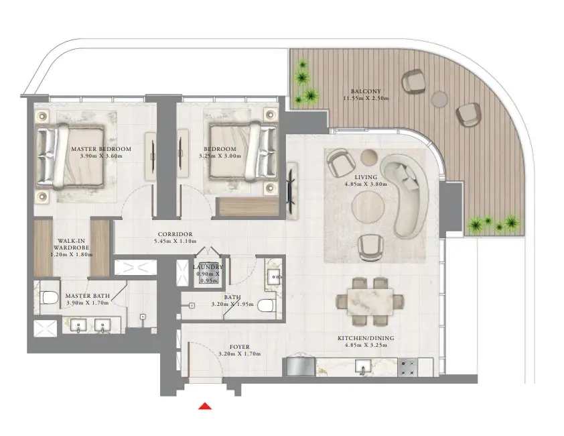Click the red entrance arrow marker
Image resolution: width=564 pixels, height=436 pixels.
205,406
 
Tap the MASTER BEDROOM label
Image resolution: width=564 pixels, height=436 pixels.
101,149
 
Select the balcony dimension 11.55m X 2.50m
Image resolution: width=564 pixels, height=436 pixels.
366,98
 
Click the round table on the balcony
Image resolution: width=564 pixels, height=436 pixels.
439,99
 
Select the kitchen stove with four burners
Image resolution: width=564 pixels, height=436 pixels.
407,368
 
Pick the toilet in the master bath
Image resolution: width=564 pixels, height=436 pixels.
50,298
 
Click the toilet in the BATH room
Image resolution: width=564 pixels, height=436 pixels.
267,306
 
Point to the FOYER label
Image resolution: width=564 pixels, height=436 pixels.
240,347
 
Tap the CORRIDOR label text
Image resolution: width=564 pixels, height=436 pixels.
175,234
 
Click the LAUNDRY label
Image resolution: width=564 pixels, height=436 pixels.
208,267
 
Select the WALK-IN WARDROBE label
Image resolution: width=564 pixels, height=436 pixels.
71,244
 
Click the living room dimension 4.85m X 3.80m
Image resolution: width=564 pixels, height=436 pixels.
366,184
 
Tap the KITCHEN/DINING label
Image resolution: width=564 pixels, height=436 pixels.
366,338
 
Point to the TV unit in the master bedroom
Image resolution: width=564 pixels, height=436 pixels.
151,156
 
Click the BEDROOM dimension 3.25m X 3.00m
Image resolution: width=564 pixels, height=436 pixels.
220,156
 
